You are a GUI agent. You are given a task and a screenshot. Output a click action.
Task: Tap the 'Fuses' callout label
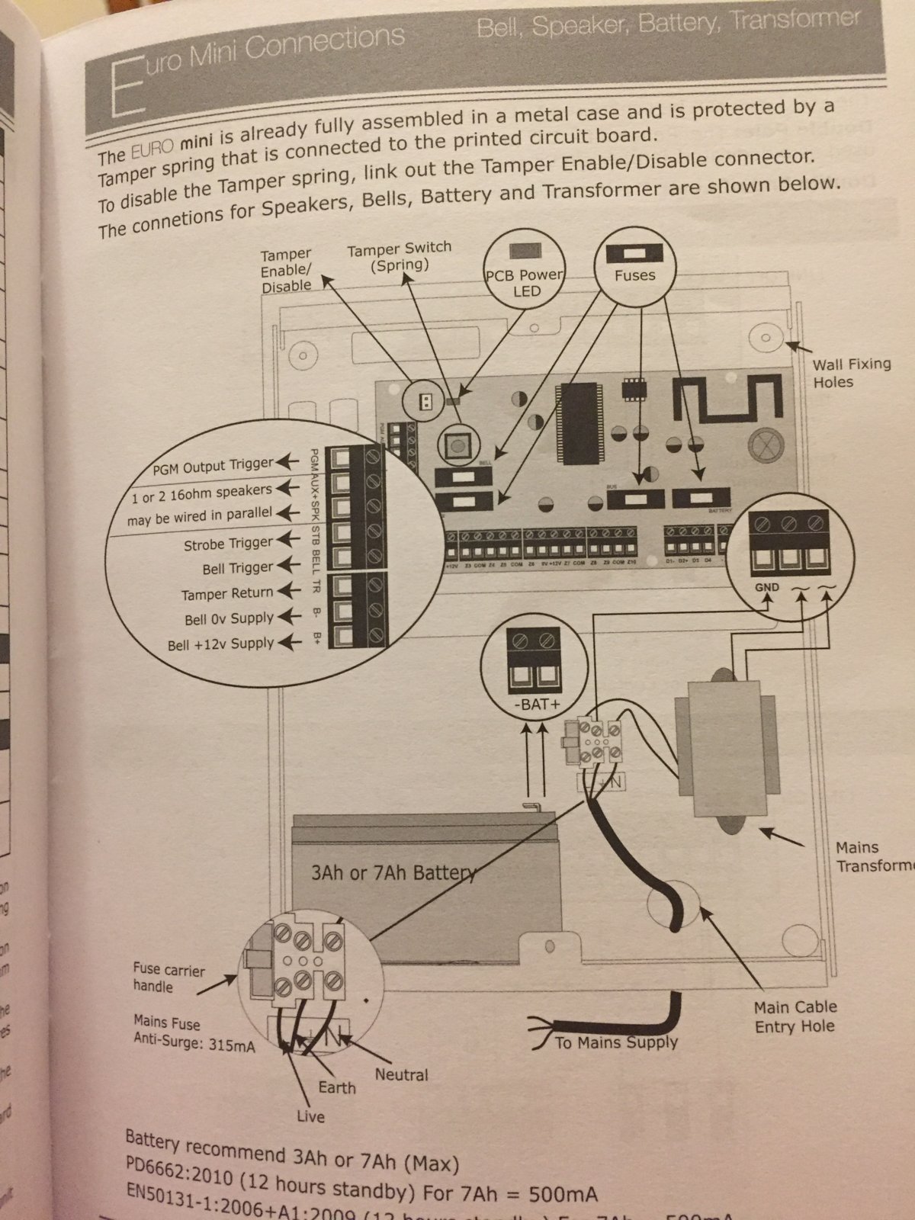pyautogui.click(x=634, y=275)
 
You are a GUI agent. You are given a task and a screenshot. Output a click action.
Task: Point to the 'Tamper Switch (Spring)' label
pyautogui.click(x=399, y=257)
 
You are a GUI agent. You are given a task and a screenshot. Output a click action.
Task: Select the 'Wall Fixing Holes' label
pyautogui.click(x=850, y=373)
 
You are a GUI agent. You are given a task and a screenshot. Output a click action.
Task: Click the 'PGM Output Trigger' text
pyautogui.click(x=213, y=465)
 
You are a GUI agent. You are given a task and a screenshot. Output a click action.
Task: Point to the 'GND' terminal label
pyautogui.click(x=766, y=587)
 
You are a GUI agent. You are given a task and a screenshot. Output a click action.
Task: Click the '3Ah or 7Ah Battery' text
pyautogui.click(x=393, y=873)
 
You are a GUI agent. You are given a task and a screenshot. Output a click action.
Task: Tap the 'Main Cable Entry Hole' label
pyautogui.click(x=795, y=1017)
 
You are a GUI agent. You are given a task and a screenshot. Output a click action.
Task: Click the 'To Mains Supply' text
pyautogui.click(x=616, y=1042)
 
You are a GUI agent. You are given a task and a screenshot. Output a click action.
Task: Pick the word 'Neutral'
pyautogui.click(x=401, y=1075)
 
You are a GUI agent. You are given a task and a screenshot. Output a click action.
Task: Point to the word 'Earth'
pyautogui.click(x=336, y=1087)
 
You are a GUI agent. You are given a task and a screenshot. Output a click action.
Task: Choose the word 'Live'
pyautogui.click(x=310, y=1117)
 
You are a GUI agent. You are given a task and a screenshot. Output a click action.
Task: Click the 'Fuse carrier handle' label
pyautogui.click(x=169, y=978)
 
